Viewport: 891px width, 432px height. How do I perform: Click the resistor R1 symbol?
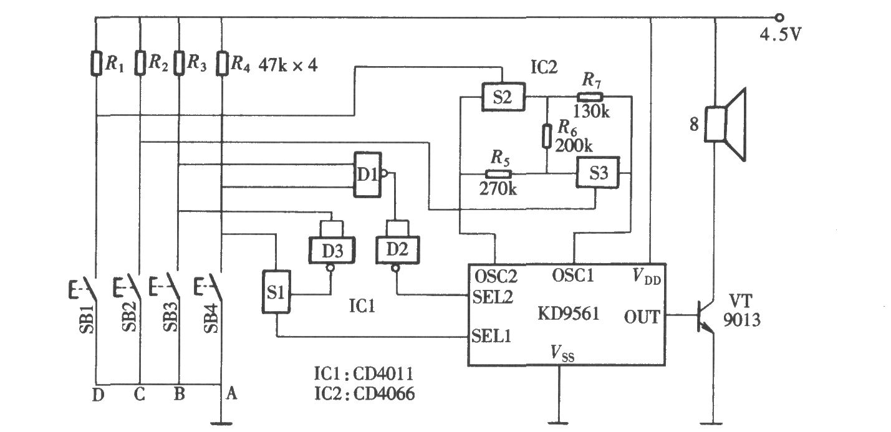point(96,64)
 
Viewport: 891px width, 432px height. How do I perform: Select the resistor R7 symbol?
point(589,97)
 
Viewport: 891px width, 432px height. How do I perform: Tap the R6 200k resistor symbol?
point(547,135)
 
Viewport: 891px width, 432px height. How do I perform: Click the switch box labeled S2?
point(502,97)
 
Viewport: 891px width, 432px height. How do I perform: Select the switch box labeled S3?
point(597,174)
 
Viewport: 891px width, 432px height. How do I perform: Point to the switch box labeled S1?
point(275,292)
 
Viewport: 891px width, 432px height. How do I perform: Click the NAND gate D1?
point(367,175)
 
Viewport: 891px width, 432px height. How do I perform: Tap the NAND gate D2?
point(394,250)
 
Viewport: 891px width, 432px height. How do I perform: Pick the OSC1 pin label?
point(572,275)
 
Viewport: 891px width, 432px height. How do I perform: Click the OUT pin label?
point(642,317)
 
